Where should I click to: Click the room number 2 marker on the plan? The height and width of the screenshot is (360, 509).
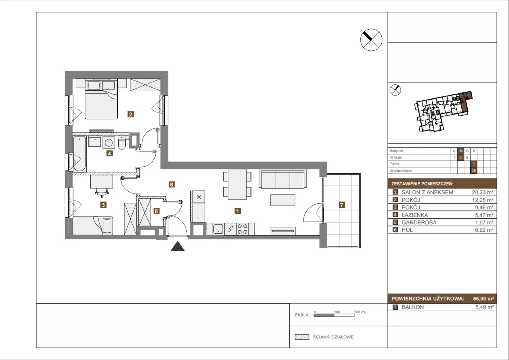[130, 114]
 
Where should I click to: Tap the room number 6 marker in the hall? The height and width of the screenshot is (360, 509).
[171, 184]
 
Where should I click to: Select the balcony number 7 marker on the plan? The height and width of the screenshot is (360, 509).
[342, 205]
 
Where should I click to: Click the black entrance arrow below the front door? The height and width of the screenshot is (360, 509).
[178, 246]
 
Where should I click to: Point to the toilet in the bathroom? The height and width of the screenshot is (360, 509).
[122, 143]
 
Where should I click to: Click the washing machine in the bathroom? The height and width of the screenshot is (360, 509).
[108, 143]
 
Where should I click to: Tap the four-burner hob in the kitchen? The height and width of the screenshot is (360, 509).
[242, 229]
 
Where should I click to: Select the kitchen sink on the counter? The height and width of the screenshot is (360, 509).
[218, 229]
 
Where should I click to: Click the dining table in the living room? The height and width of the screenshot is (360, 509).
[237, 184]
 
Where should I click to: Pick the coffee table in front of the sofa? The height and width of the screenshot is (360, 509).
[283, 200]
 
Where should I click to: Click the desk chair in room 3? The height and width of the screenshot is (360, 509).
[101, 192]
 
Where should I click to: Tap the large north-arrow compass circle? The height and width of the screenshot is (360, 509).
[371, 40]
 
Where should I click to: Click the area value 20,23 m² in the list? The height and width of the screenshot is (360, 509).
[483, 192]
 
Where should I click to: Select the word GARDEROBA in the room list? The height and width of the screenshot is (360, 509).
[419, 222]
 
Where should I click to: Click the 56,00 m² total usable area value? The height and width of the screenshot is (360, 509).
[483, 299]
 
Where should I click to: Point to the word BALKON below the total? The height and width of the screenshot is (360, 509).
[413, 307]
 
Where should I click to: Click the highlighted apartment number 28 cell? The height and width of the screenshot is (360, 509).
[474, 171]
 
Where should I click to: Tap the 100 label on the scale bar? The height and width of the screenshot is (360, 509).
[337, 312]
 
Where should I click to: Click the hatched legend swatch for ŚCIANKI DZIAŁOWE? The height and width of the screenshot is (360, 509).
[302, 337]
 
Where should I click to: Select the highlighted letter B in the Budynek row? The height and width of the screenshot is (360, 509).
[461, 151]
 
